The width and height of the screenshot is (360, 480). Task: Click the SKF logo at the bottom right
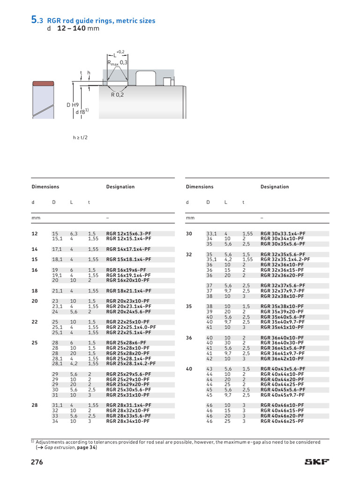(x=317, y=462)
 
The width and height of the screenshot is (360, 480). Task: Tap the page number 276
(x=37, y=462)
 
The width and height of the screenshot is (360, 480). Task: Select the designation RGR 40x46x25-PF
(x=282, y=421)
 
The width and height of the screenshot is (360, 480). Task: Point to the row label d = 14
(x=34, y=249)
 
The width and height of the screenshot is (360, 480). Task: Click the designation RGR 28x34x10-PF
(x=128, y=421)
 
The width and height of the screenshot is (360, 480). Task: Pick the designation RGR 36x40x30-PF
(x=282, y=343)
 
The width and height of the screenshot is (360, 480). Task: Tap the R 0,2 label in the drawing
(x=117, y=94)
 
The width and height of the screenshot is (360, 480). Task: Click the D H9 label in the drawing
(x=73, y=105)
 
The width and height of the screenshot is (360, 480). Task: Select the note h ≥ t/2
(x=81, y=138)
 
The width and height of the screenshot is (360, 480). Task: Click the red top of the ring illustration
(x=43, y=84)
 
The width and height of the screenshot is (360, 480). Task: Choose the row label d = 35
(x=189, y=306)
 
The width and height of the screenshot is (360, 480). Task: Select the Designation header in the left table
(x=120, y=187)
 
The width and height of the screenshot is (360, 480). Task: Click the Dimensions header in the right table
(x=200, y=187)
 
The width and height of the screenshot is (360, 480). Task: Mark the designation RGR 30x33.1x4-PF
(x=283, y=233)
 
